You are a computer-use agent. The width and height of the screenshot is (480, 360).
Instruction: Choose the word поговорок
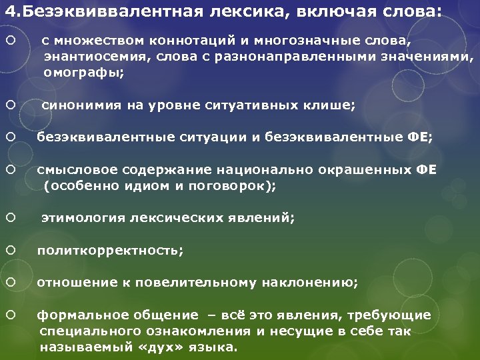pos(227,186)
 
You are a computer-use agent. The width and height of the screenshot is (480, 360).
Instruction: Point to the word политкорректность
pos(109,251)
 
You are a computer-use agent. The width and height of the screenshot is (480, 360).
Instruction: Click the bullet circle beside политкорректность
pos(10,250)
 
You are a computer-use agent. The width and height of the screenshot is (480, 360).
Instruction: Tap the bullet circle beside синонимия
pos(10,104)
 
